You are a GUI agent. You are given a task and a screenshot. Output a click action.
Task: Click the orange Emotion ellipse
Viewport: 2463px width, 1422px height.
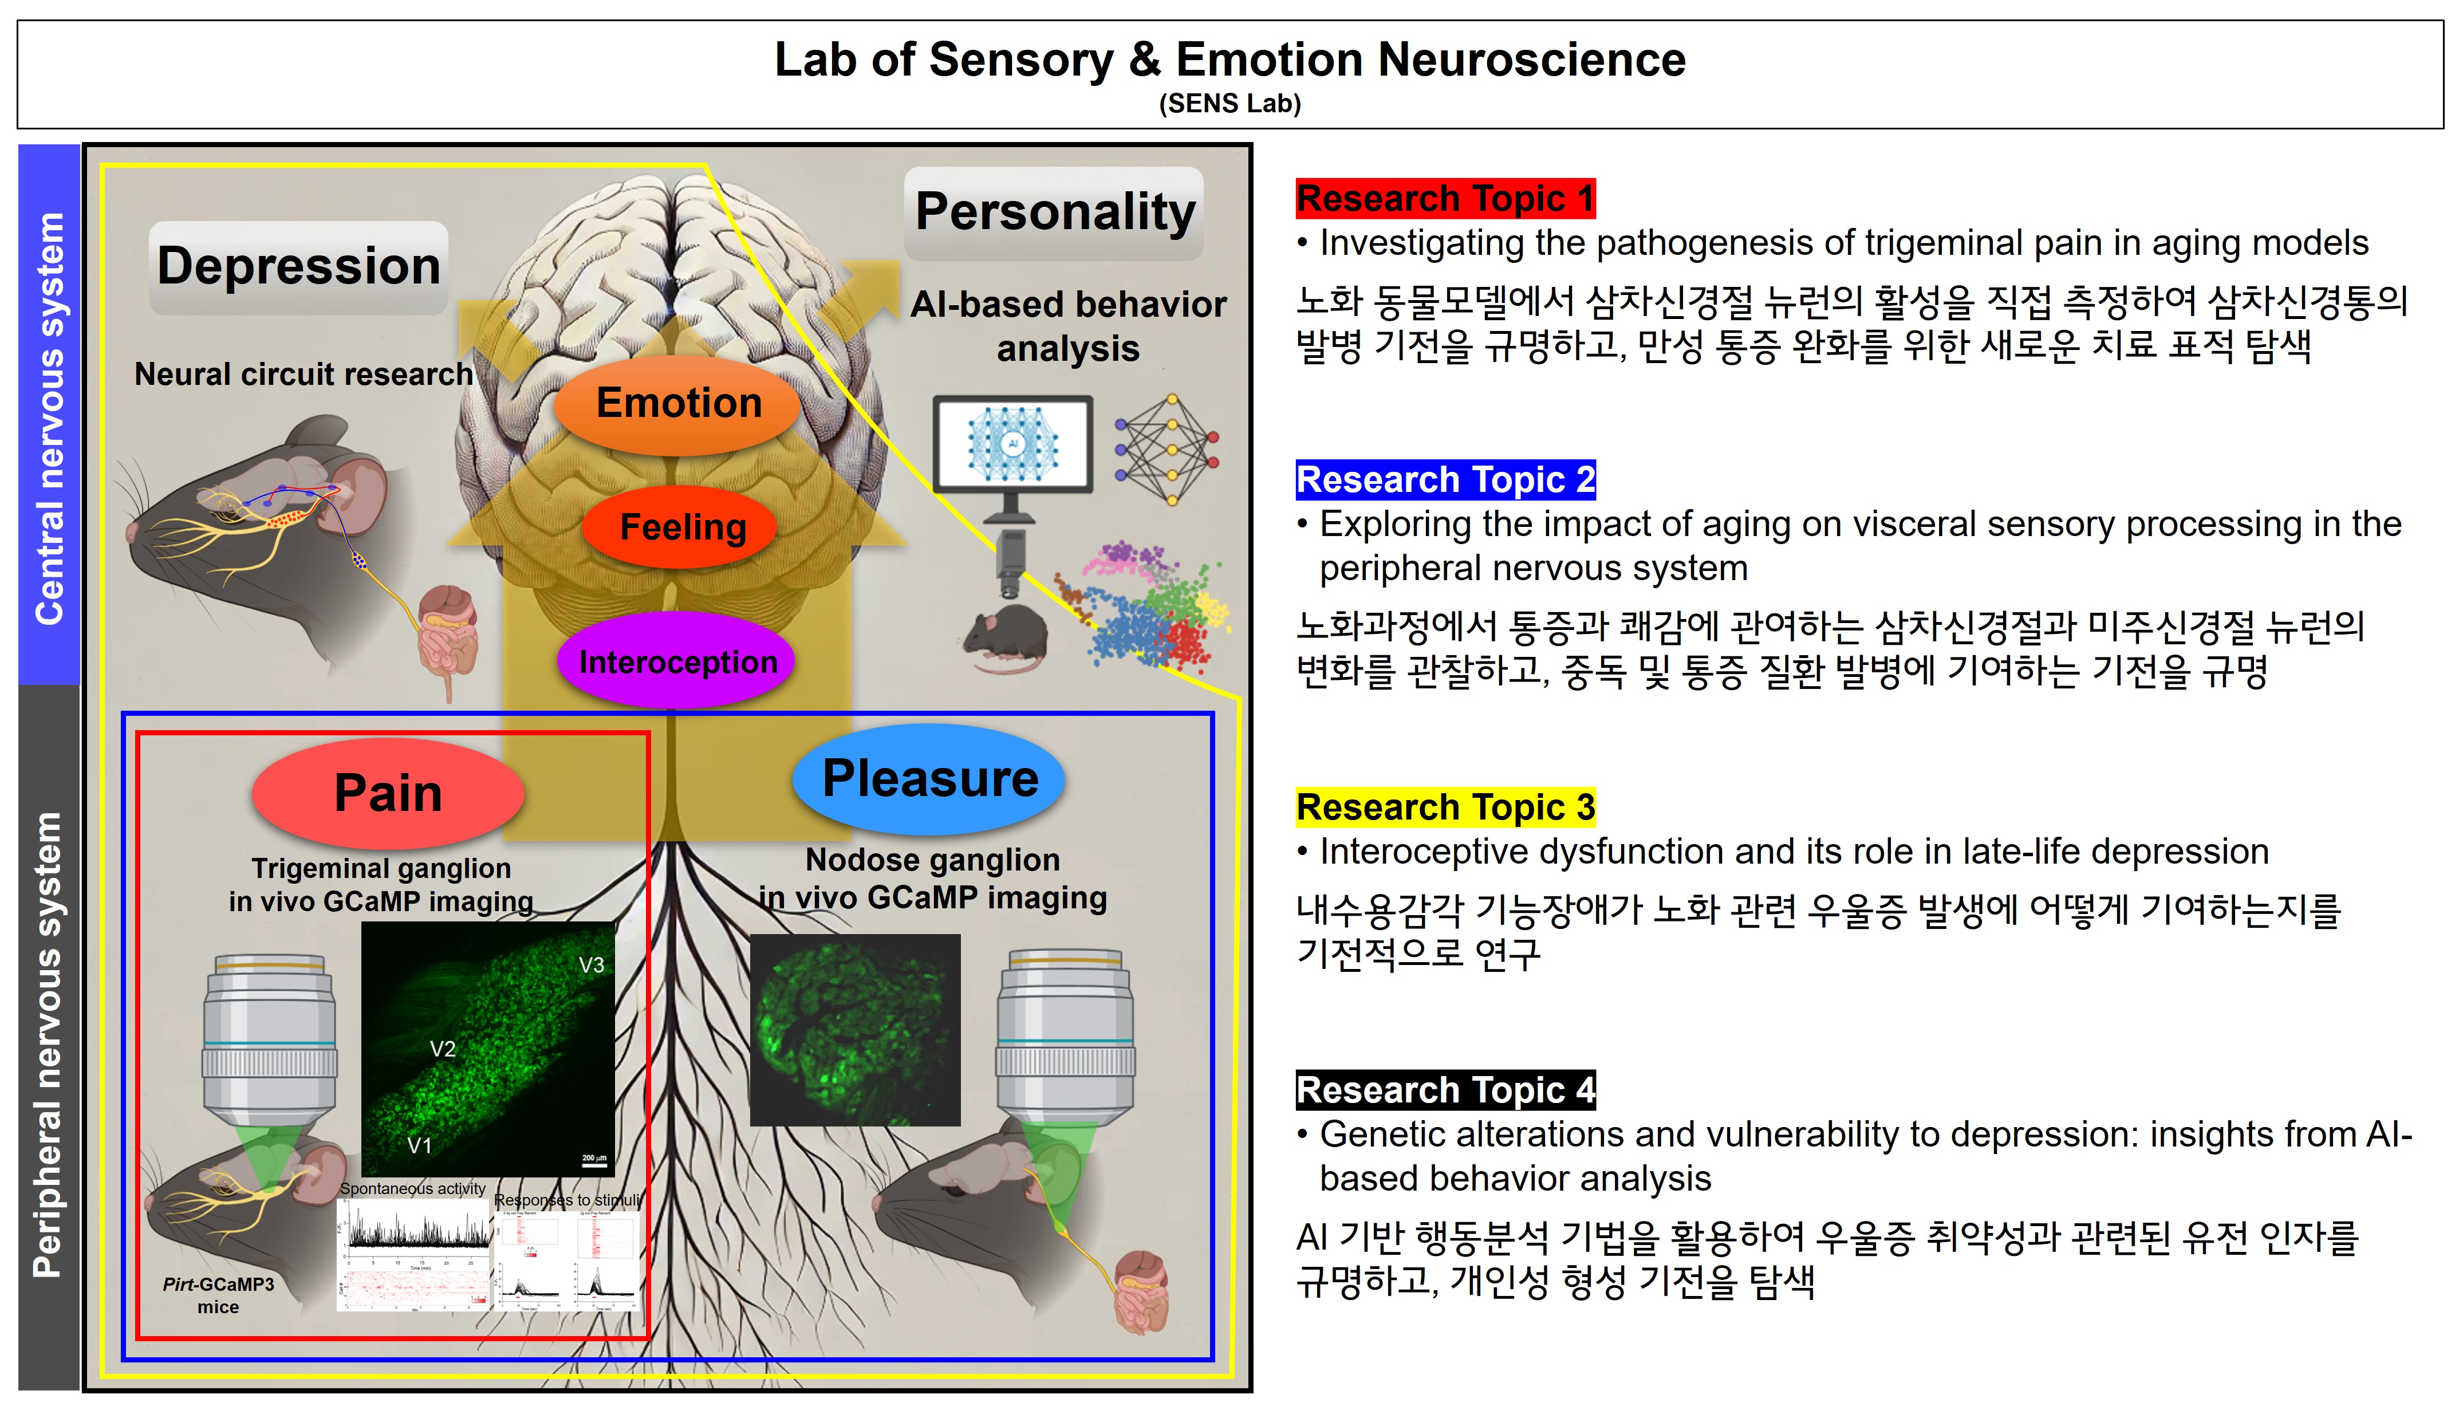pos(678,403)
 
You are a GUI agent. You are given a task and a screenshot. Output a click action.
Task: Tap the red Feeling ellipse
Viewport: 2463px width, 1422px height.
pos(681,527)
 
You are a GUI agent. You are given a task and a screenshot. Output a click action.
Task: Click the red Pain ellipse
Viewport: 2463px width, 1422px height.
pos(388,792)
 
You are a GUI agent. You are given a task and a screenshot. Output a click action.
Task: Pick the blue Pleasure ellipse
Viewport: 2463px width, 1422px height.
pos(929,778)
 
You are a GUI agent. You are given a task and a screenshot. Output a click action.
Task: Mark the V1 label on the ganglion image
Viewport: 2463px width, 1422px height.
pos(419,1145)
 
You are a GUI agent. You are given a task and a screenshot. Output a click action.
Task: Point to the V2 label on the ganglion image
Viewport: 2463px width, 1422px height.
pos(443,1049)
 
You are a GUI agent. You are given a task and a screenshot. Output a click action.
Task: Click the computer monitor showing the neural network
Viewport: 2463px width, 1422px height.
pos(1012,446)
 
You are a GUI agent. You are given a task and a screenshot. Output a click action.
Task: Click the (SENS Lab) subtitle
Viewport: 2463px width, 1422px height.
pos(1229,104)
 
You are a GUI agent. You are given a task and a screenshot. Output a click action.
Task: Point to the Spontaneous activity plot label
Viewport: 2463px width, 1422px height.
pos(412,1188)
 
